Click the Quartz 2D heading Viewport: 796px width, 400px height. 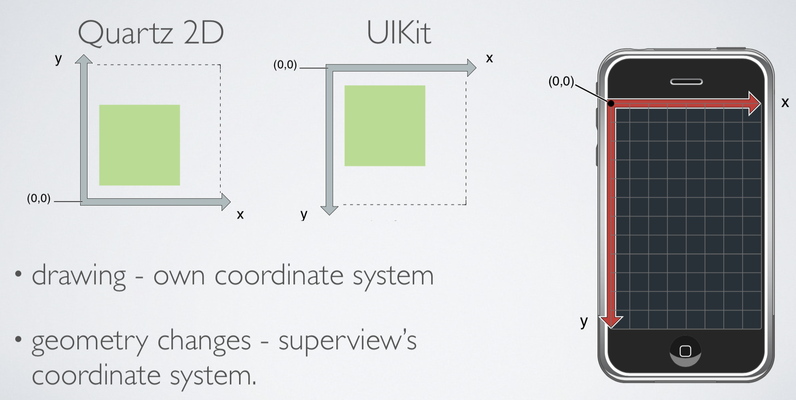coord(151,33)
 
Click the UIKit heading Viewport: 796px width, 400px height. coord(398,33)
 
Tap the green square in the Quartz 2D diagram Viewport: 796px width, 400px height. coord(140,145)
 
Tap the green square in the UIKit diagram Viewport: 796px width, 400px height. coord(385,126)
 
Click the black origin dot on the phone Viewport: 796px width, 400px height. coord(611,104)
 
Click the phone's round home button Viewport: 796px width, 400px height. coord(685,351)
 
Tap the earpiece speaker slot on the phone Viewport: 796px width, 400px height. coord(686,82)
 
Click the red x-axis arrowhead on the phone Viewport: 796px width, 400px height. coord(755,104)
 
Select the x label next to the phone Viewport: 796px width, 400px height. coord(785,103)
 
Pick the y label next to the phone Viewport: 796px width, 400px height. coord(584,321)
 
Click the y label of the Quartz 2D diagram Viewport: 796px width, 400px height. coord(59,59)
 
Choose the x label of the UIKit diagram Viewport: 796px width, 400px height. coord(489,59)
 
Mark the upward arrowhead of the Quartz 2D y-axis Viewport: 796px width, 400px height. coord(84,59)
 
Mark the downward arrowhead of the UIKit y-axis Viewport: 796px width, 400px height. coord(329,210)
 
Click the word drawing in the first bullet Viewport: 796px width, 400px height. coord(79,276)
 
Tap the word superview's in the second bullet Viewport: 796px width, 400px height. coord(347,341)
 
